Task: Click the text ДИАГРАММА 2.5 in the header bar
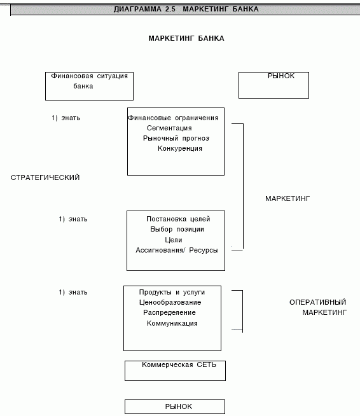coord(144,9)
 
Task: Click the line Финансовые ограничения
coord(173,118)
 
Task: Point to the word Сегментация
coord(169,128)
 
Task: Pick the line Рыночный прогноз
coord(176,138)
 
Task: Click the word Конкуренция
coord(180,148)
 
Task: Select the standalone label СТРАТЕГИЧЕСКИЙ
coord(45,177)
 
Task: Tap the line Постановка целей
coord(178,219)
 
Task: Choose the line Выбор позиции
coord(177,229)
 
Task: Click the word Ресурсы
coord(204,250)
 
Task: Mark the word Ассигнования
coord(160,250)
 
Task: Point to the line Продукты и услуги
coord(172,293)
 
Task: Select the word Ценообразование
coord(170,302)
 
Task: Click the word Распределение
coord(169,312)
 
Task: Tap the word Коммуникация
coord(172,323)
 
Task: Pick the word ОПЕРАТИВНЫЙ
coord(318,302)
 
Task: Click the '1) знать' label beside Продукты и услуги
coord(73,293)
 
